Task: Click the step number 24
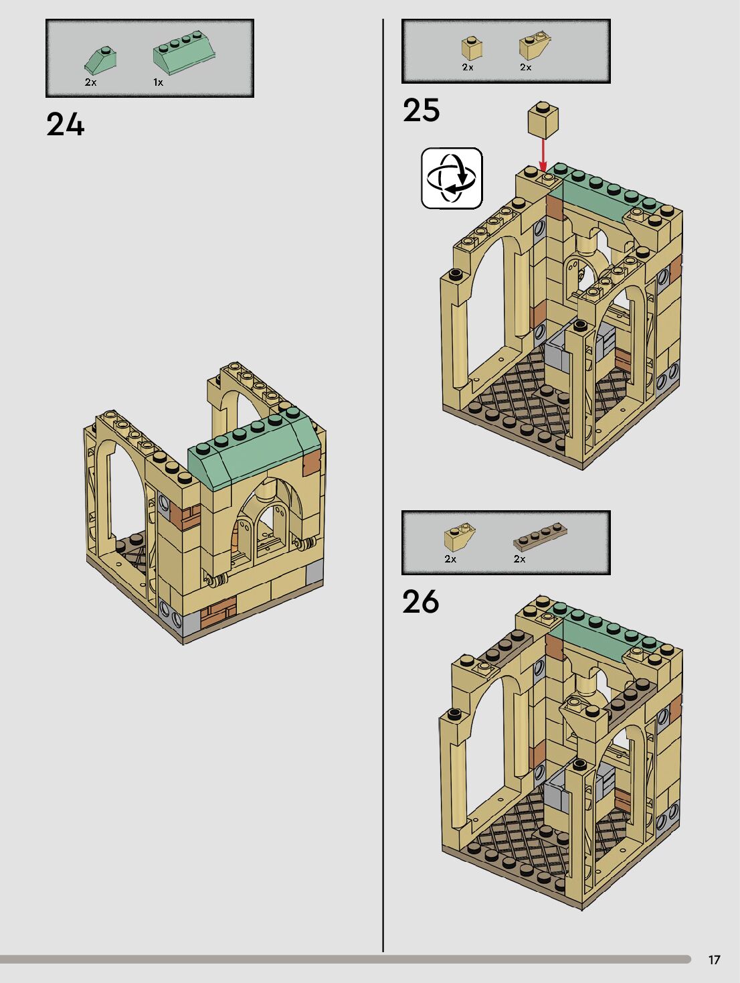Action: click(x=66, y=125)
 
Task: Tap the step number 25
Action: click(x=421, y=110)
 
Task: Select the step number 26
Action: click(x=420, y=601)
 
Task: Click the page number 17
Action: click(x=714, y=960)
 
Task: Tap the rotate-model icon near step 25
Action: click(x=452, y=178)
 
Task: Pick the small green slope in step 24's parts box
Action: click(x=101, y=60)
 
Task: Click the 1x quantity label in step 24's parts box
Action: click(x=158, y=82)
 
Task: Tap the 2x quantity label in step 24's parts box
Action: click(x=90, y=82)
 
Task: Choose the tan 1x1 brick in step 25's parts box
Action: click(x=472, y=48)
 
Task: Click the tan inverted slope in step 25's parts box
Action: click(x=534, y=47)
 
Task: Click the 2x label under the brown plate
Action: click(x=519, y=558)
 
